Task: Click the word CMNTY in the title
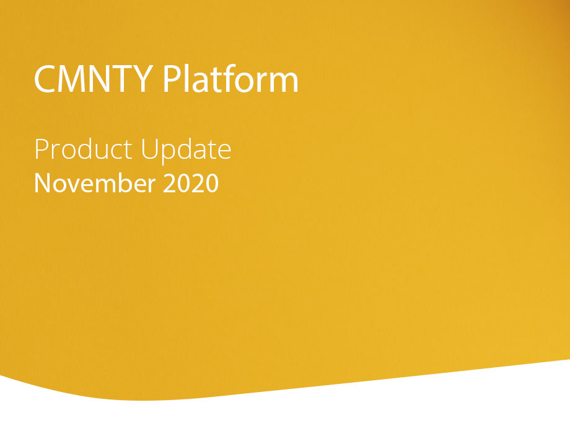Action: (94, 79)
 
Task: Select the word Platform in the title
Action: (230, 78)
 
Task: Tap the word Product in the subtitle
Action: (83, 149)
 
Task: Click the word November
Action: (95, 183)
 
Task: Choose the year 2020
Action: (191, 183)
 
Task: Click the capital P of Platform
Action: (172, 79)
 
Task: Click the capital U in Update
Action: (149, 149)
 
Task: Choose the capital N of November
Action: (42, 183)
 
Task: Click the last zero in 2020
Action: (211, 183)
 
